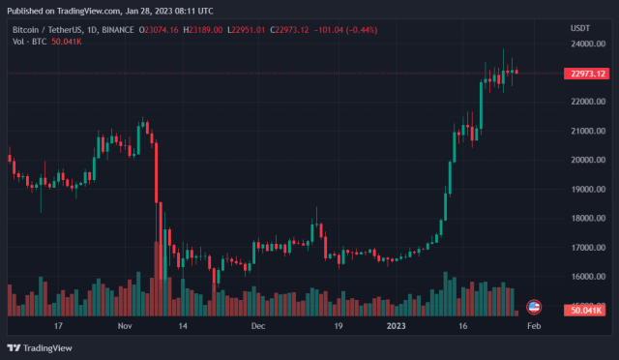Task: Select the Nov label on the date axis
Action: pos(125,327)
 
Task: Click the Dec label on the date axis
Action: pos(257,327)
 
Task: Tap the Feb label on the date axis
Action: pos(533,327)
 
